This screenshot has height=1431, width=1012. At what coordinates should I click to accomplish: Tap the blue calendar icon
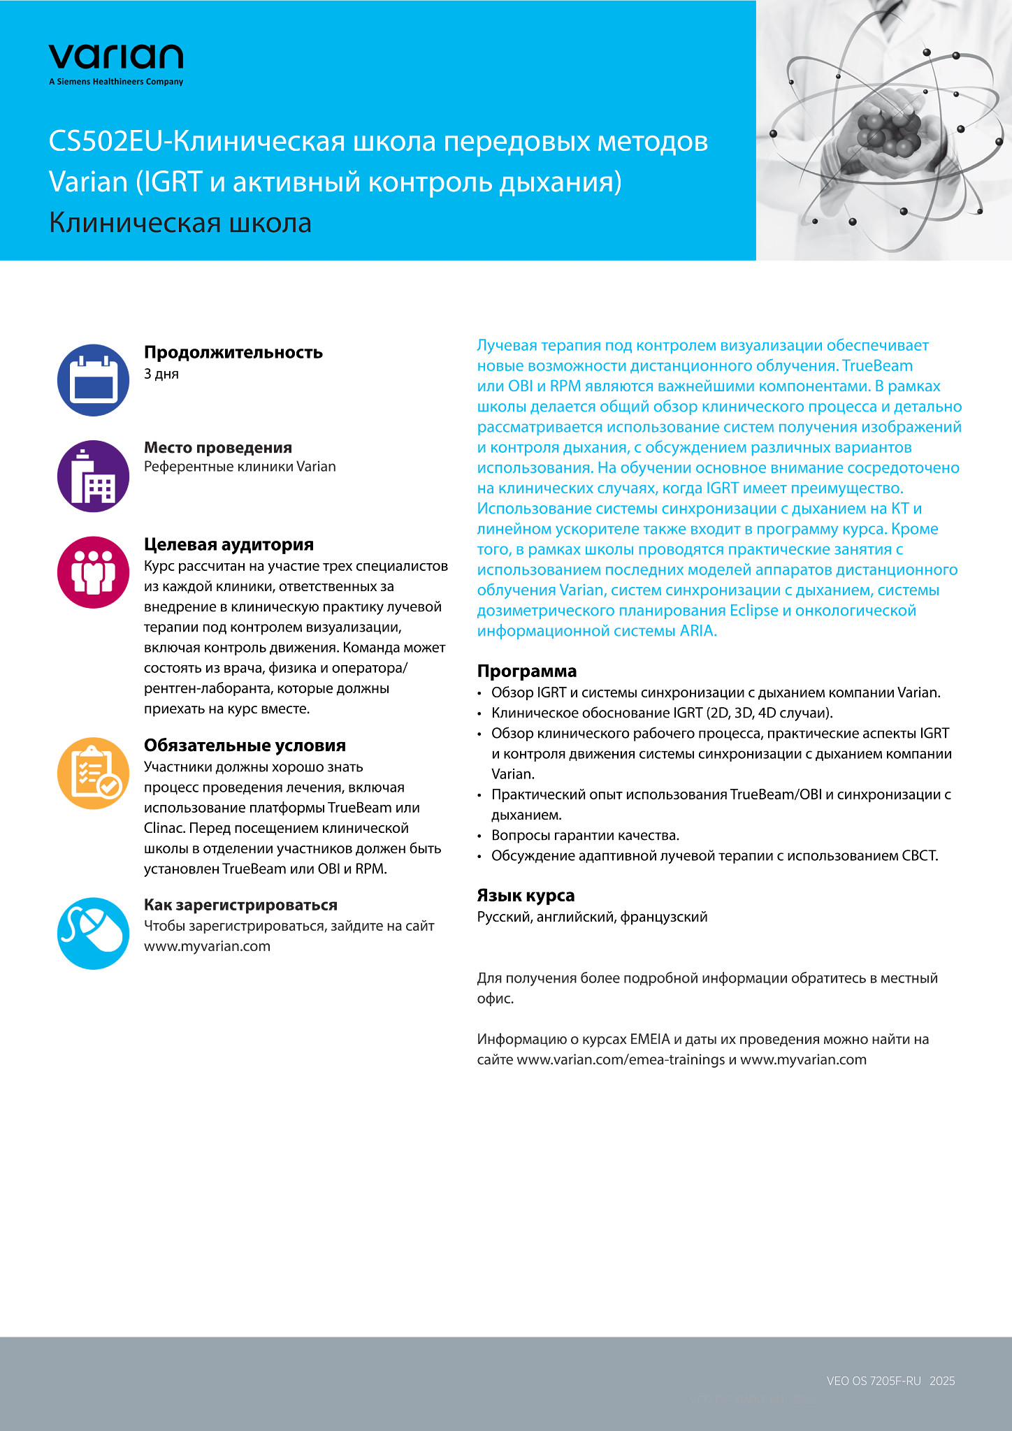click(93, 380)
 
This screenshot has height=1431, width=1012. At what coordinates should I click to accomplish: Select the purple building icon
click(93, 477)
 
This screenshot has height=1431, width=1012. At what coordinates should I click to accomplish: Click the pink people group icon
click(93, 572)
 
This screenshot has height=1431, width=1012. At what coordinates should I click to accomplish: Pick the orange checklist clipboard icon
click(93, 773)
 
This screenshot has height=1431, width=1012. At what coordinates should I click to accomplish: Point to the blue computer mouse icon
click(93, 934)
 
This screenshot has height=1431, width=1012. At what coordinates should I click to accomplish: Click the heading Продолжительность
click(233, 352)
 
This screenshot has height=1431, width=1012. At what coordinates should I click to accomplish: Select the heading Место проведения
click(217, 447)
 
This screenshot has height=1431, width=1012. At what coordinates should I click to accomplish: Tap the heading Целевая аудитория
click(229, 544)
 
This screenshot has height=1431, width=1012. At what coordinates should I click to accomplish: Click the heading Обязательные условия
click(245, 746)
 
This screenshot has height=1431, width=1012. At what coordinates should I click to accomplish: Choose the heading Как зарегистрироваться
click(240, 905)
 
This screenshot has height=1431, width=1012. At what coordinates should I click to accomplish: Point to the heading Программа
click(526, 671)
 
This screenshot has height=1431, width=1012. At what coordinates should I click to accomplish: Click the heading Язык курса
click(526, 895)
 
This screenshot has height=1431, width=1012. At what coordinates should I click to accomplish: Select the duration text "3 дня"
click(161, 374)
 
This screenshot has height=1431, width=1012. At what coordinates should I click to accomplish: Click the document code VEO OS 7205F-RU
click(874, 1381)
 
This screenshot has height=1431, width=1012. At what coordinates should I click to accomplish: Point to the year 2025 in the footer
click(942, 1381)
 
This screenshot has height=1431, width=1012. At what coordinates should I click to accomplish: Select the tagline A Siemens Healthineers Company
click(116, 82)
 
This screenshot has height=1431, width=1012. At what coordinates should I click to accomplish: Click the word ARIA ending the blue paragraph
click(697, 631)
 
